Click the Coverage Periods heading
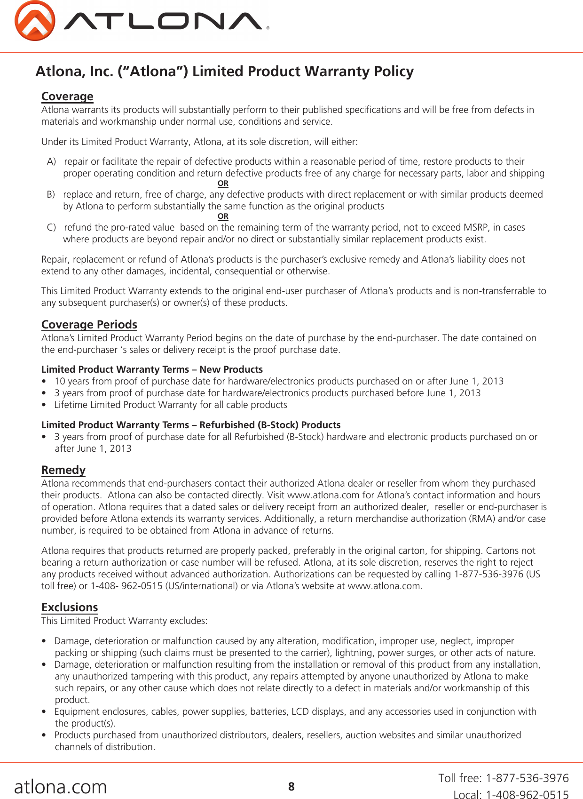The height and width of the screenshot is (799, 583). [89, 325]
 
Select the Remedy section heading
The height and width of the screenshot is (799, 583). [63, 470]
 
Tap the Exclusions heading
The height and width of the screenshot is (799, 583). [70, 607]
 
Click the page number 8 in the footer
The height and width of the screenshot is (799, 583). [291, 786]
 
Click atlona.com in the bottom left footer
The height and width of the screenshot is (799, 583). [61, 787]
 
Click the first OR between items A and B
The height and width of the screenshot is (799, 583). [223, 184]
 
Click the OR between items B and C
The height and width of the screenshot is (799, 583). [223, 216]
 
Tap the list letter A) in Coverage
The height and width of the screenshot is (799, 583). [51, 161]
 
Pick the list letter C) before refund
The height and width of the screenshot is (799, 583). [51, 227]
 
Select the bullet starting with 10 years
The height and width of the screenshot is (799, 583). [278, 381]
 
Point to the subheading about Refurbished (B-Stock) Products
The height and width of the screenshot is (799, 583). [191, 425]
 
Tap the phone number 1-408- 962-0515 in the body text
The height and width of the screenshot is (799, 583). [126, 586]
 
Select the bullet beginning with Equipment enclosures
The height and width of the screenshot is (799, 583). [295, 711]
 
